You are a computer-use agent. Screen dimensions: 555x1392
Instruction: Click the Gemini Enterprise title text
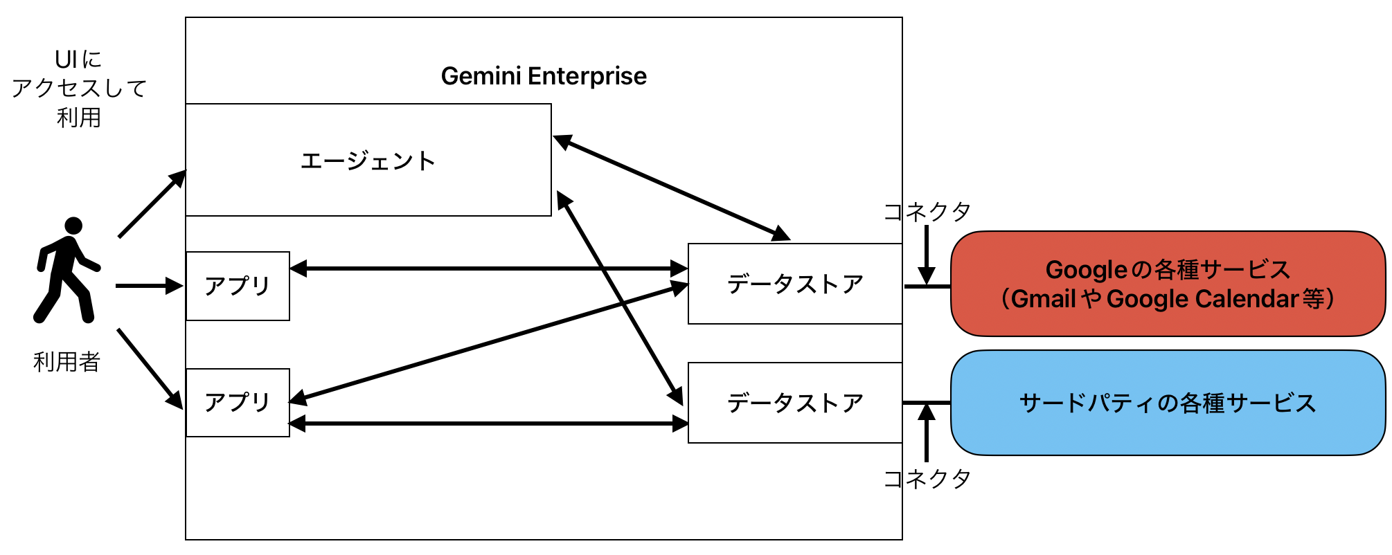544,76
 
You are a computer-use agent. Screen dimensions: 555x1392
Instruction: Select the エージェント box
368,161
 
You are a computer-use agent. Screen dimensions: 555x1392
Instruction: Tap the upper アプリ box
238,286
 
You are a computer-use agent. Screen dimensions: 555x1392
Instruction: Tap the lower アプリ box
238,402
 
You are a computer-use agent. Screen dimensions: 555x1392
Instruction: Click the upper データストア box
794,284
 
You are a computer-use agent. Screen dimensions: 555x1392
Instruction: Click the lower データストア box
794,403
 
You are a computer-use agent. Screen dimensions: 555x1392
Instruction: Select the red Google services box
1168,284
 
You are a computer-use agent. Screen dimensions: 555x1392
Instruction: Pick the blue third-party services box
1168,403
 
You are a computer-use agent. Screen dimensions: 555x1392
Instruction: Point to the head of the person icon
73,226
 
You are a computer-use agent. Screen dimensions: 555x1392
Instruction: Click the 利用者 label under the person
66,361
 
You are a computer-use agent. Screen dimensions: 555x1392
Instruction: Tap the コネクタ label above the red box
927,212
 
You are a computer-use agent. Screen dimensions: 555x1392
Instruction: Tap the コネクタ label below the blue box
927,478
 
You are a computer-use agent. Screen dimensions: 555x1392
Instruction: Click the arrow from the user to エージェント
152,203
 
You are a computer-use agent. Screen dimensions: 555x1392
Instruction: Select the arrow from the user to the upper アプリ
148,285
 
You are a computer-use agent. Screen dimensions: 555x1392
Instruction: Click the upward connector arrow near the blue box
927,433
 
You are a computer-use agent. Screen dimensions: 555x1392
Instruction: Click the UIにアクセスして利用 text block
78,89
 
